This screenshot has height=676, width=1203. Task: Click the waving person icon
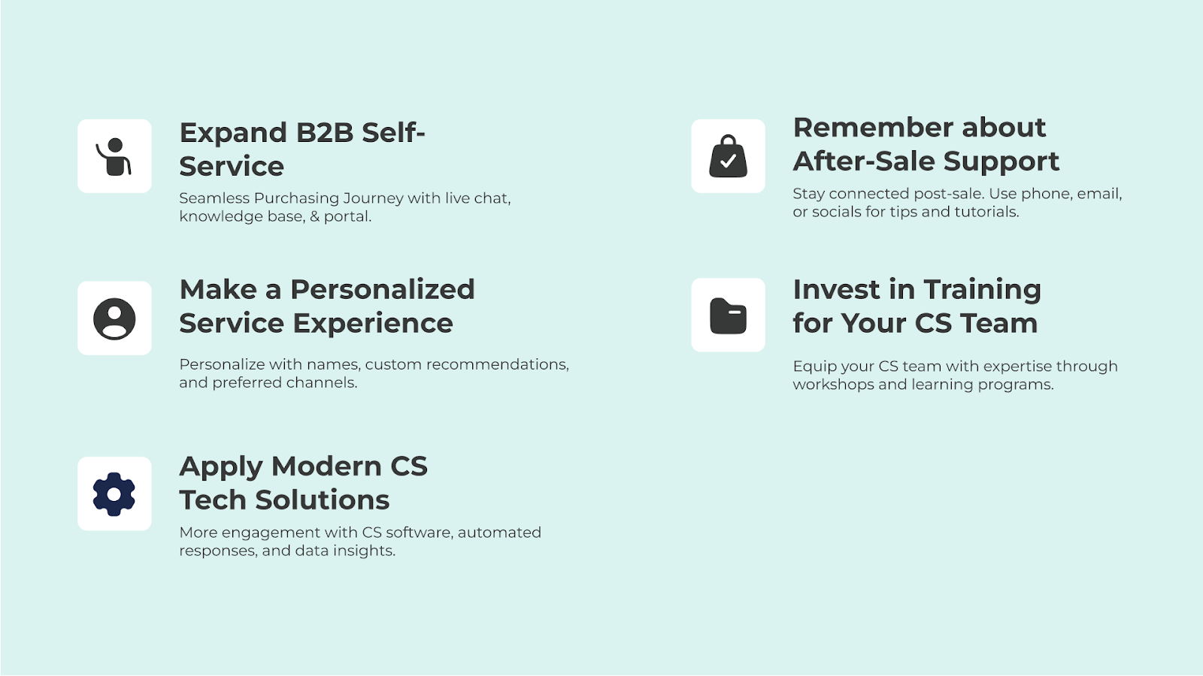coord(114,157)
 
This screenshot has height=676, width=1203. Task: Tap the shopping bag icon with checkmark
coord(729,156)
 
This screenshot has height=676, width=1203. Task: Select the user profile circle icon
coord(114,318)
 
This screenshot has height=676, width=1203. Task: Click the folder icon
coord(729,316)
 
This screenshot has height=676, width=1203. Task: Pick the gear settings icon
coord(114,494)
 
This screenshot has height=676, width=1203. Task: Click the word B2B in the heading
coord(324,132)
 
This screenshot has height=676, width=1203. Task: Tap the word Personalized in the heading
coord(383,290)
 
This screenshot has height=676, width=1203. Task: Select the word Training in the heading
coord(982,290)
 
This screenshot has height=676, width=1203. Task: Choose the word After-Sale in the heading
coord(864,161)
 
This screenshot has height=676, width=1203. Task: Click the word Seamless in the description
coord(214,198)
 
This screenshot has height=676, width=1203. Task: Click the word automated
coord(499,533)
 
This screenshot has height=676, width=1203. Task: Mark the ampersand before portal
coord(315,217)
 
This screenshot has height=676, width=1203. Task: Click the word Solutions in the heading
coord(323,500)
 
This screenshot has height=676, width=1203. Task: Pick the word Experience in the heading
coord(373,324)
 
